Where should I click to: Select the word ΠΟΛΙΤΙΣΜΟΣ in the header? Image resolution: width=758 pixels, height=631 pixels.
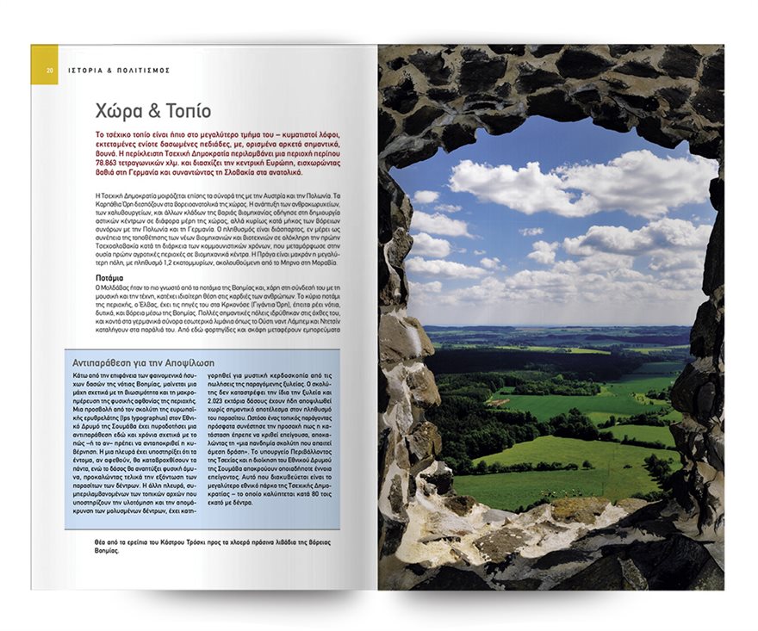(x=145, y=70)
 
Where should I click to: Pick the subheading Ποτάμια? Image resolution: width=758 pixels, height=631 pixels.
(x=111, y=279)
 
